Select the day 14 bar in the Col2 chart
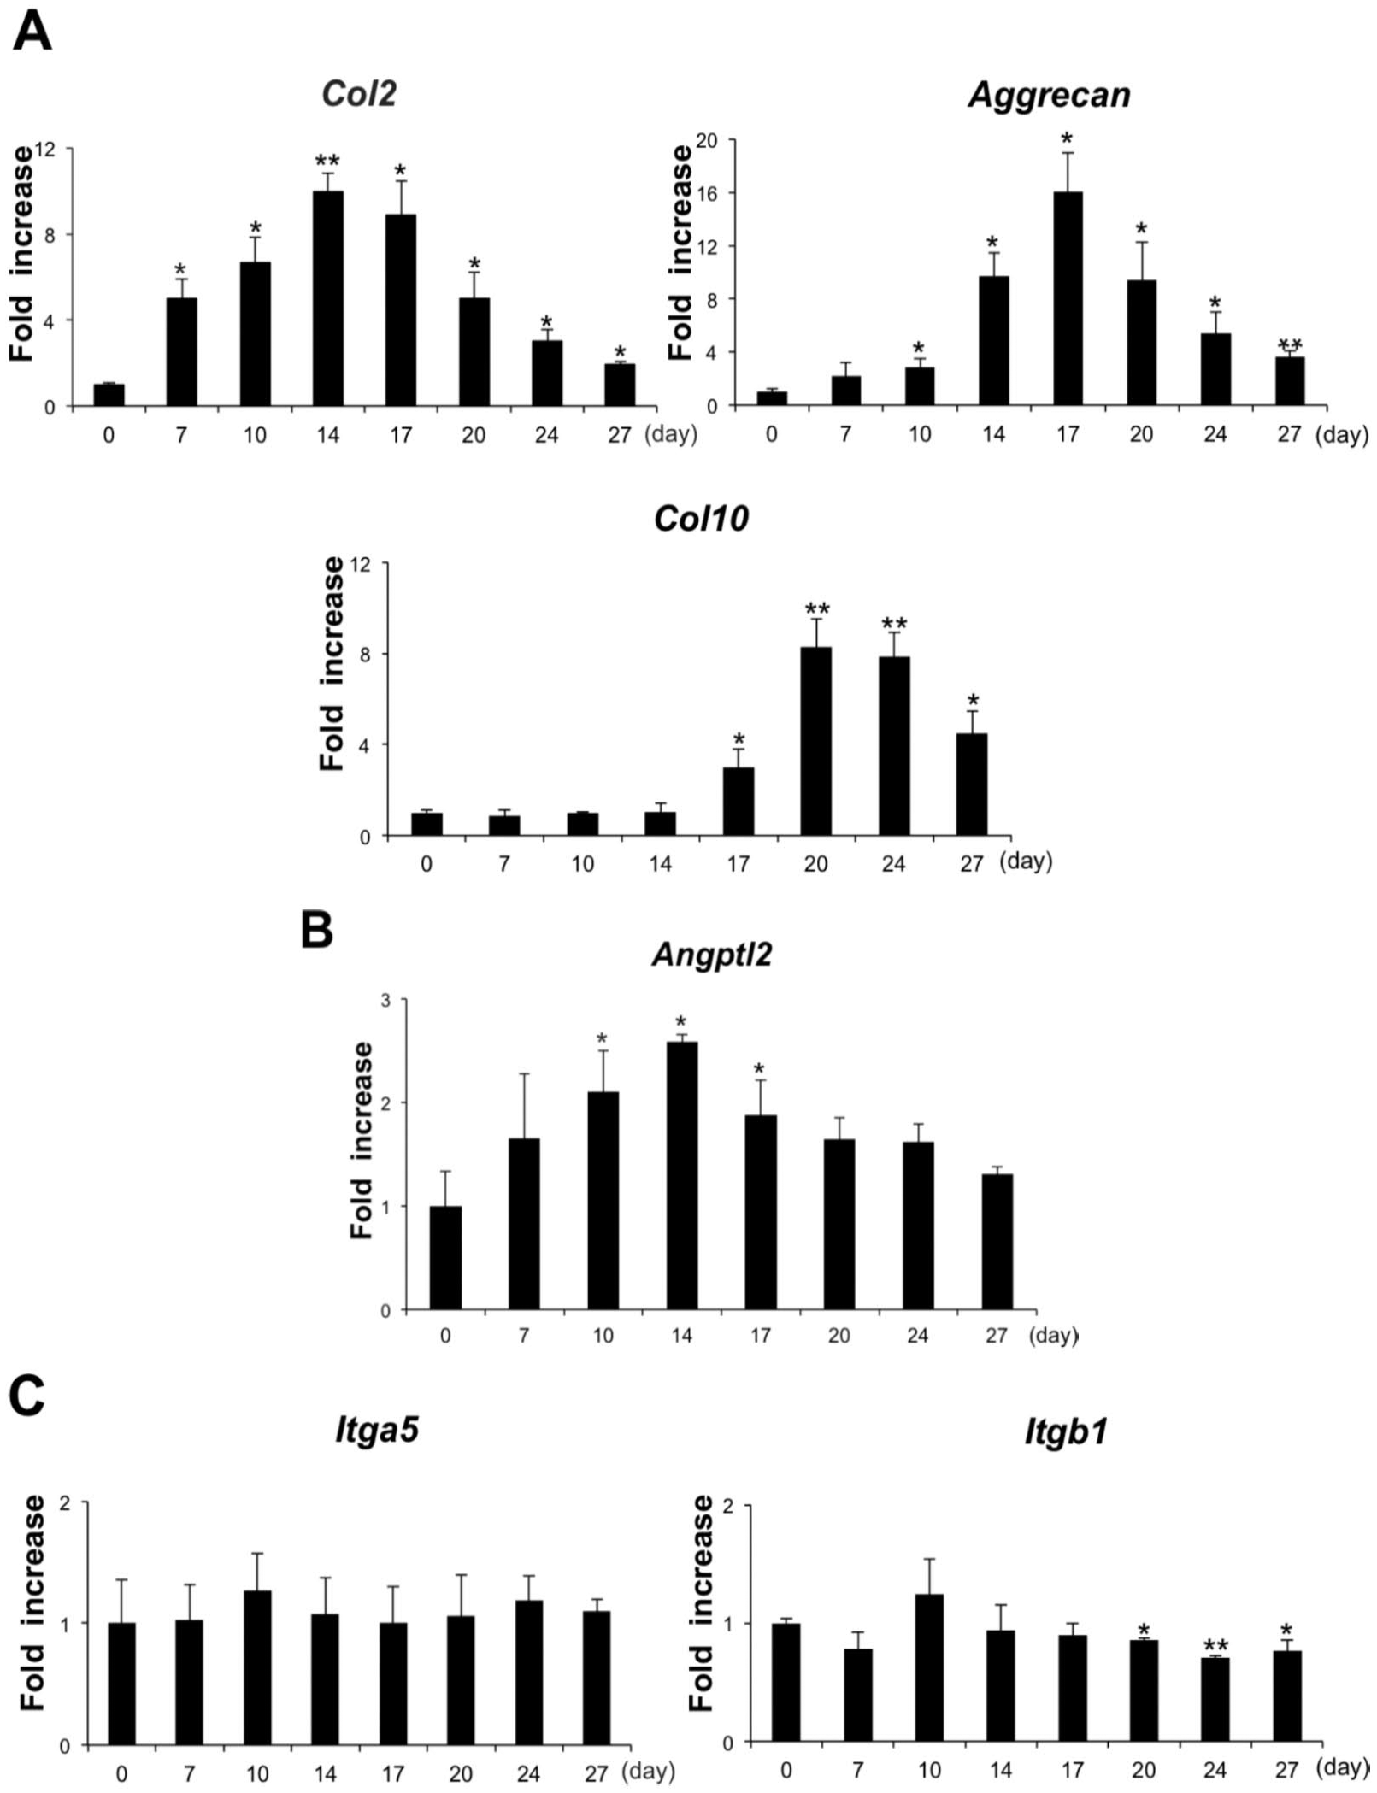pyautogui.click(x=327, y=298)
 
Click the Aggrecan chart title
pyautogui.click(x=1050, y=94)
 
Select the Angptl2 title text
pyautogui.click(x=712, y=954)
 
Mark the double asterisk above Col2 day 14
pyautogui.click(x=327, y=161)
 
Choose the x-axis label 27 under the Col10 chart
pyautogui.click(x=972, y=864)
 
